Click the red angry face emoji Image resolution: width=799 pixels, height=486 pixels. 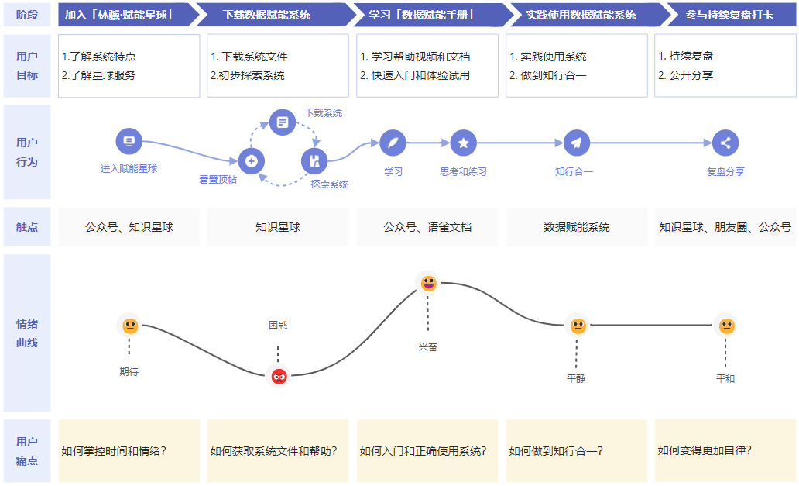click(x=279, y=377)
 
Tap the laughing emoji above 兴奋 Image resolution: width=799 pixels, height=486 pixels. click(x=428, y=284)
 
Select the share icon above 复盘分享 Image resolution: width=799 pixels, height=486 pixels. click(x=725, y=143)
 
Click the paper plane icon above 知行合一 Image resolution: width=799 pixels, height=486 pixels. click(x=576, y=143)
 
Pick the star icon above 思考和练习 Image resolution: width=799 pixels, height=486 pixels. click(x=463, y=143)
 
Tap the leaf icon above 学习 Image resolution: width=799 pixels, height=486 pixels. click(x=393, y=143)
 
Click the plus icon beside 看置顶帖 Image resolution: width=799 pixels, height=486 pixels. click(x=251, y=161)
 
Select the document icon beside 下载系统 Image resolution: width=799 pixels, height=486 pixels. click(x=283, y=122)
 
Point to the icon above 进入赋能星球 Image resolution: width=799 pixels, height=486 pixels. click(x=129, y=142)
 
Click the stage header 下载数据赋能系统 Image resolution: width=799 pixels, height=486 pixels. click(x=267, y=15)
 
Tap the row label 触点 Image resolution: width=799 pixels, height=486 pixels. click(x=27, y=227)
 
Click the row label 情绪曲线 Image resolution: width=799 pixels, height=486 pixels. click(x=27, y=333)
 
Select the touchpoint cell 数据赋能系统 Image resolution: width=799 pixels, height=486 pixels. click(x=577, y=227)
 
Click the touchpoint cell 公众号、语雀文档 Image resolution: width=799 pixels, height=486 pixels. click(x=427, y=227)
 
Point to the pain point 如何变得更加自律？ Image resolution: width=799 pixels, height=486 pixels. click(x=705, y=450)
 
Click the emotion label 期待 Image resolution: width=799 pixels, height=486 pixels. click(x=129, y=371)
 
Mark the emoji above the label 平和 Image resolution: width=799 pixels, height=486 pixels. click(x=725, y=326)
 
